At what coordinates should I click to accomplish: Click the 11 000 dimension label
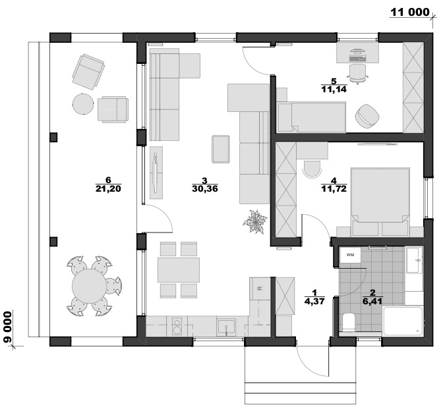pyautogui.click(x=409, y=13)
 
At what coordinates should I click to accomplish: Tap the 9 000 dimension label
pyautogui.click(x=8, y=327)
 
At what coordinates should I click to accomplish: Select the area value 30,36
pyautogui.click(x=205, y=188)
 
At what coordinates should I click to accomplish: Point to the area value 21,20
pyautogui.click(x=108, y=188)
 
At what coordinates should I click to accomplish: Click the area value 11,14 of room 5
pyautogui.click(x=334, y=89)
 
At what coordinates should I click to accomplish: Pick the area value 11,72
pyautogui.click(x=334, y=188)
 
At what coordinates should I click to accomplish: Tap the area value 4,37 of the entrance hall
pyautogui.click(x=314, y=301)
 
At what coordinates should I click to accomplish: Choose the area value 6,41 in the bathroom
pyautogui.click(x=372, y=301)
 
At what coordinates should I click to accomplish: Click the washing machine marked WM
pyautogui.click(x=350, y=255)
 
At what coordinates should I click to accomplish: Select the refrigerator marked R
pyautogui.click(x=260, y=288)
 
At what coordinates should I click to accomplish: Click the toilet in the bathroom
pyautogui.click(x=348, y=322)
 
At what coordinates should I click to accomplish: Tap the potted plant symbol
pyautogui.click(x=255, y=222)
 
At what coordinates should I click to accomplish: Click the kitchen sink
pyautogui.click(x=226, y=327)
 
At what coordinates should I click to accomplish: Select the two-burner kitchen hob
pyautogui.click(x=177, y=326)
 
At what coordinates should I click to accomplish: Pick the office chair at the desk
pyautogui.click(x=358, y=74)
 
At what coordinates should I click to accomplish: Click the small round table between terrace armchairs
pyautogui.click(x=83, y=104)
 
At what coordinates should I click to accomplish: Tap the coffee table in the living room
pyautogui.click(x=221, y=149)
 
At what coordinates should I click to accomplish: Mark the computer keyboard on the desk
pyautogui.click(x=358, y=59)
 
